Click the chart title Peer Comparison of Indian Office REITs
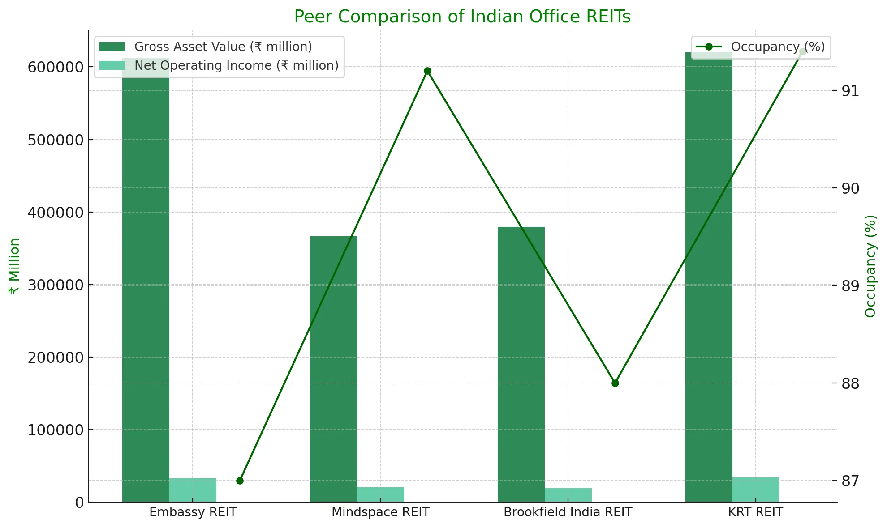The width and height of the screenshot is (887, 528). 462,17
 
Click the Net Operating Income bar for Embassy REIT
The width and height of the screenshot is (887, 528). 193,490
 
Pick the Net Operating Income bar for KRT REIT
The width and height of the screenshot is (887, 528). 756,490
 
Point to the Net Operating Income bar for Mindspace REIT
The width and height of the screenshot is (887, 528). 380,494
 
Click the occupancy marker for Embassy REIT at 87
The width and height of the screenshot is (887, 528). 240,481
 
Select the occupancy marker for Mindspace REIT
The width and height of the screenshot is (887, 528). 427,71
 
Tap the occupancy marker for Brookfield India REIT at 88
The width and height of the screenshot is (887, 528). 615,383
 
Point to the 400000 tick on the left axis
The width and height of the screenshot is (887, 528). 56,213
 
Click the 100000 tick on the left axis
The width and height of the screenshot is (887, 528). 56,430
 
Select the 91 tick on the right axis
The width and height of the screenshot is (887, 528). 850,91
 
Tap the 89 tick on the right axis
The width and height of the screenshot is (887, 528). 850,285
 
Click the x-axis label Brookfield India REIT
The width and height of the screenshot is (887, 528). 568,512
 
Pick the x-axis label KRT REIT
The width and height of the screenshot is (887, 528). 755,512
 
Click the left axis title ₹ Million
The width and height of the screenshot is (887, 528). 14,266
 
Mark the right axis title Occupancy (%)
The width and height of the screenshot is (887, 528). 870,266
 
